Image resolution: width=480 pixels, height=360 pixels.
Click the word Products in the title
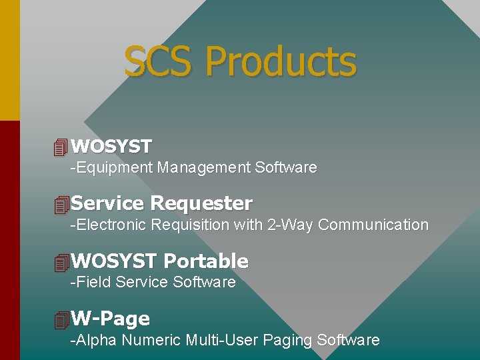281,61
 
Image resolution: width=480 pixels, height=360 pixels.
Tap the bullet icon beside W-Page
62,320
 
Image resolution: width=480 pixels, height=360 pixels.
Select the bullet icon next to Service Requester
62,205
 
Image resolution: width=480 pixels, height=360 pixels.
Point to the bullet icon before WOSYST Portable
62,263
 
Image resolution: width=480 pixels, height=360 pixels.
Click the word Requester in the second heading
201,203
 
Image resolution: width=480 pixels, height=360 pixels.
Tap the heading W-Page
110,319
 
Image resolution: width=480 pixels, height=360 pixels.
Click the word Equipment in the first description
115,168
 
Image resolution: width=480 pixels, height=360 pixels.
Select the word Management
204,167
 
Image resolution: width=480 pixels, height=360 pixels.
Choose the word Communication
373,225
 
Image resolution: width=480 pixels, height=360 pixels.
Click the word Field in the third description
93,282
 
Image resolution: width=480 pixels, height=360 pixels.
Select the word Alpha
97,341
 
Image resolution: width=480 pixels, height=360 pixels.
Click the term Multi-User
222,341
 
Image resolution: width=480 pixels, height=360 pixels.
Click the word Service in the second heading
107,203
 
